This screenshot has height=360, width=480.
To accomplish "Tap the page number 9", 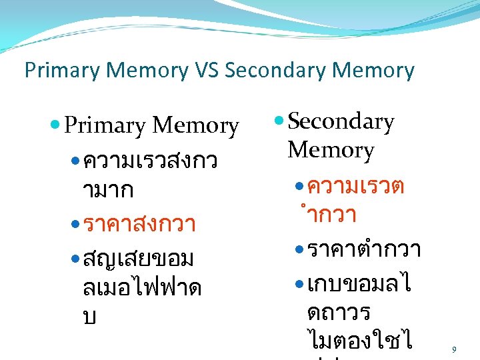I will click(x=454, y=349).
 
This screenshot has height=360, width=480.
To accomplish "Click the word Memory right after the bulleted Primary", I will click(x=195, y=125).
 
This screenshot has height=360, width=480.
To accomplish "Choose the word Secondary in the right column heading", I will click(x=341, y=122).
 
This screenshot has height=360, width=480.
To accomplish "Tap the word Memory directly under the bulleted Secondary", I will click(x=331, y=151).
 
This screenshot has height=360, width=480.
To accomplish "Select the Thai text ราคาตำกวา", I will click(x=364, y=251).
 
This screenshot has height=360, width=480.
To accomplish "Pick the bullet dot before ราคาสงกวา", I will click(x=75, y=225).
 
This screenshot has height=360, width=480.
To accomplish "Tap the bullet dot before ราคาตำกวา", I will click(x=299, y=251).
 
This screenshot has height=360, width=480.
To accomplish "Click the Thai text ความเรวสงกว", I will click(x=149, y=161).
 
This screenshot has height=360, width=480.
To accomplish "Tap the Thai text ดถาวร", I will click(x=339, y=311).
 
